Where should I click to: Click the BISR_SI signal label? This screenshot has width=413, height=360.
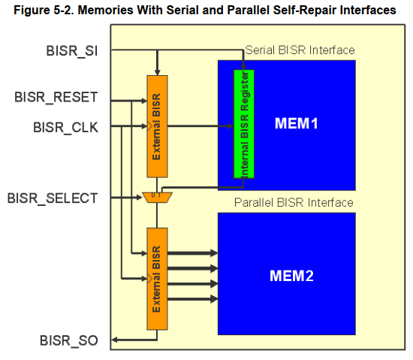(72, 51)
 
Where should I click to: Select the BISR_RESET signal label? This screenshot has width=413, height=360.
(56, 97)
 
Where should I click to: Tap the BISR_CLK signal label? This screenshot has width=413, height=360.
(66, 128)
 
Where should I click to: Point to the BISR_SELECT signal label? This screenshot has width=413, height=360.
(53, 198)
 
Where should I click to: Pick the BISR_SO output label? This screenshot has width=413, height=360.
(69, 340)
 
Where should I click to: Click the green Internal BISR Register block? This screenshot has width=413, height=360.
(244, 124)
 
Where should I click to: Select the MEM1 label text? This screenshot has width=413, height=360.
(297, 123)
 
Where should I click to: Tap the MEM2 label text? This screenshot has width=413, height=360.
(291, 276)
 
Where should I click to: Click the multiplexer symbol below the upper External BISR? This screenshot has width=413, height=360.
(157, 198)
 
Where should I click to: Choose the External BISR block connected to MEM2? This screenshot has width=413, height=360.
(157, 279)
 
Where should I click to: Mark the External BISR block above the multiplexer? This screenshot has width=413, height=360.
(157, 126)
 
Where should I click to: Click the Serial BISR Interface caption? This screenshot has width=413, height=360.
(300, 50)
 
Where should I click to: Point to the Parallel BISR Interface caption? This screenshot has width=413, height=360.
(294, 203)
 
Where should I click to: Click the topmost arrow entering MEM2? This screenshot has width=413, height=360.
(192, 253)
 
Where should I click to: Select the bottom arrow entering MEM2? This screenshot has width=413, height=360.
(192, 299)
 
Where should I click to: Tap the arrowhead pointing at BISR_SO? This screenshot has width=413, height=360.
(115, 340)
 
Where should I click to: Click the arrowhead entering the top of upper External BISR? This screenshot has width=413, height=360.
(157, 72)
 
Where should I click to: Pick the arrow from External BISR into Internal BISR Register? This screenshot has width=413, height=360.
(200, 126)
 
